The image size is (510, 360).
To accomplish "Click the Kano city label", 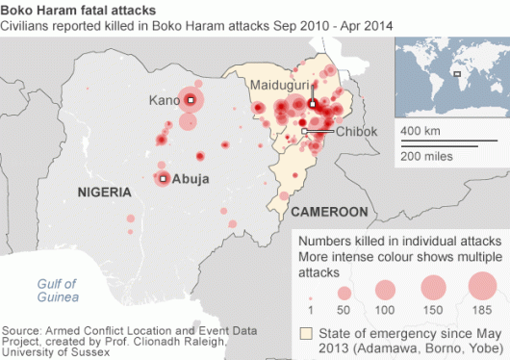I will [165, 100].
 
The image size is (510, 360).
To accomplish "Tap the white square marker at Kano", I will [191, 100].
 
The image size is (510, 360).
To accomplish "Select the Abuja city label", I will [190, 179].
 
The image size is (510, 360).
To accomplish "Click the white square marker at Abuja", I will [164, 178].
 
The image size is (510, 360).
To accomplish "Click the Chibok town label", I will [357, 132].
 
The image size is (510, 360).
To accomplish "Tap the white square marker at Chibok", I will [304, 131].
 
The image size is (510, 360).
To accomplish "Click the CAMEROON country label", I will [330, 210].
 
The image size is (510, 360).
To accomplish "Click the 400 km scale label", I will [420, 129].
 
